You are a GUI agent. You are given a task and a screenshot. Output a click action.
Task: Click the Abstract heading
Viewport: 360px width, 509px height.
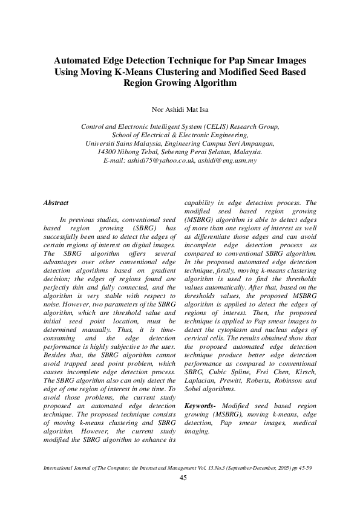pyautogui.click(x=56, y=203)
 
